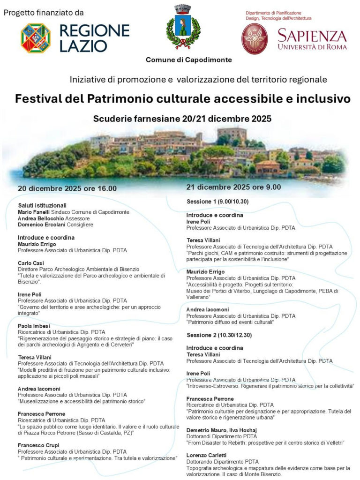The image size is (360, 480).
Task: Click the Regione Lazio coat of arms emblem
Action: [36, 38]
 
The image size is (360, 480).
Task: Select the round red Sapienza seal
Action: [255, 38]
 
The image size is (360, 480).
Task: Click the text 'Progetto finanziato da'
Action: [44, 12]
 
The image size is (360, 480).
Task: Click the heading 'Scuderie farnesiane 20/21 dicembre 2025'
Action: [182, 119]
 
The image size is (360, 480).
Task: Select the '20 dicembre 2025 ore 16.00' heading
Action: [67, 188]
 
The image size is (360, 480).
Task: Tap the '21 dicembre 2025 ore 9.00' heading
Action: [233, 187]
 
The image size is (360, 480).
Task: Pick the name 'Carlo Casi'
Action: [30, 263]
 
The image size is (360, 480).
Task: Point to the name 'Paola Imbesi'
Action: [34, 326]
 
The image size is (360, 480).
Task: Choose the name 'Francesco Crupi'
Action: [38, 445]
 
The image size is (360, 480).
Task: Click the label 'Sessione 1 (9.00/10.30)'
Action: [217, 202]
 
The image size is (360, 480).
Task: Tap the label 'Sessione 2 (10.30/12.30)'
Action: [219, 336]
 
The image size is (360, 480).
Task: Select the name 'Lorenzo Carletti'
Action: [206, 455]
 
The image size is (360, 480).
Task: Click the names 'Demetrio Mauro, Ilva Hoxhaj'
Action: [221, 430]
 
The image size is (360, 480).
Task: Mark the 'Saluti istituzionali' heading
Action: [42, 205]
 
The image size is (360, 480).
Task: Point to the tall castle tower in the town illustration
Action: [232, 135]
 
